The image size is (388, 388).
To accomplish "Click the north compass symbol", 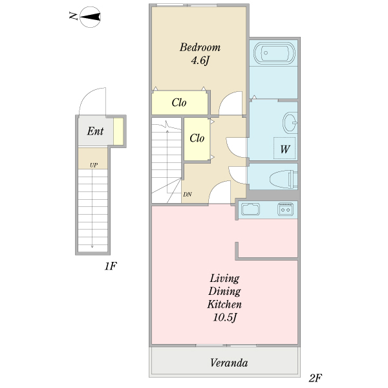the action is (x=90, y=17).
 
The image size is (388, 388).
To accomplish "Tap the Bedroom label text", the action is (x=200, y=47).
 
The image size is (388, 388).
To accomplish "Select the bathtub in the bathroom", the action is (x=274, y=53).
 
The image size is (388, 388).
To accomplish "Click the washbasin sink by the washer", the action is (x=290, y=122).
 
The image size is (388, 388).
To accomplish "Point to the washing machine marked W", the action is (x=285, y=148).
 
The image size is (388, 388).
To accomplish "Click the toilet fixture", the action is (x=283, y=179).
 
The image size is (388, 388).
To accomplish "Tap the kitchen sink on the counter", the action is (x=250, y=210).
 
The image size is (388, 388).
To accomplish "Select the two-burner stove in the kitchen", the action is (x=285, y=210).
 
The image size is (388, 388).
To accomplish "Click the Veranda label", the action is (x=229, y=363).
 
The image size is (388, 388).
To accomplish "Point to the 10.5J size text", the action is (x=225, y=318).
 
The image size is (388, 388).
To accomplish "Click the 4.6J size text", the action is (x=200, y=60).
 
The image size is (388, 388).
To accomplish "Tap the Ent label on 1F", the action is (x=95, y=131).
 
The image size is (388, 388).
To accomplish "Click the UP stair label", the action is (x=94, y=165).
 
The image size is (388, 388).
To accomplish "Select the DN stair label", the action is (x=188, y=195).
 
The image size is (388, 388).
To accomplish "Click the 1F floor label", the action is (x=111, y=266).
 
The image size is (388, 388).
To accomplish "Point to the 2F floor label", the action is (x=316, y=378).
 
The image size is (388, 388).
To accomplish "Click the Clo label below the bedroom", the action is (x=179, y=103).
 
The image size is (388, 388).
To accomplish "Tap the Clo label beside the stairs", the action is (x=197, y=138).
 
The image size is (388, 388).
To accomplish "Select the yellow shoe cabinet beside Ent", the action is (x=118, y=131).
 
